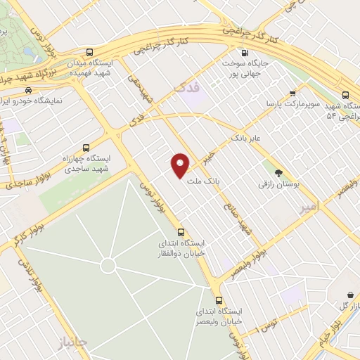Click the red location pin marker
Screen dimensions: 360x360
tap(181, 165)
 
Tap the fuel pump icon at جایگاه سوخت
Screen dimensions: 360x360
tap(244, 52)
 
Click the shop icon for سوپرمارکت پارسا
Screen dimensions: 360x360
tap(292, 92)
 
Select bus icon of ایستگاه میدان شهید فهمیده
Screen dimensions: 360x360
tap(89, 52)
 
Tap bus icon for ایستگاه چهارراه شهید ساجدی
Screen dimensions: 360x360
tap(86, 148)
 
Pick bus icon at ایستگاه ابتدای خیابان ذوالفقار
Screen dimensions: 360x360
tap(181, 232)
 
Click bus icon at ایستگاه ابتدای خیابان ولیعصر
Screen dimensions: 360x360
tap(219, 300)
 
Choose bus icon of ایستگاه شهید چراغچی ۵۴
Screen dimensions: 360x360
tap(345, 94)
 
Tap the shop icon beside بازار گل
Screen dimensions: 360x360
tap(349, 295)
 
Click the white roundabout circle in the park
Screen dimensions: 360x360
tap(108, 265)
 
